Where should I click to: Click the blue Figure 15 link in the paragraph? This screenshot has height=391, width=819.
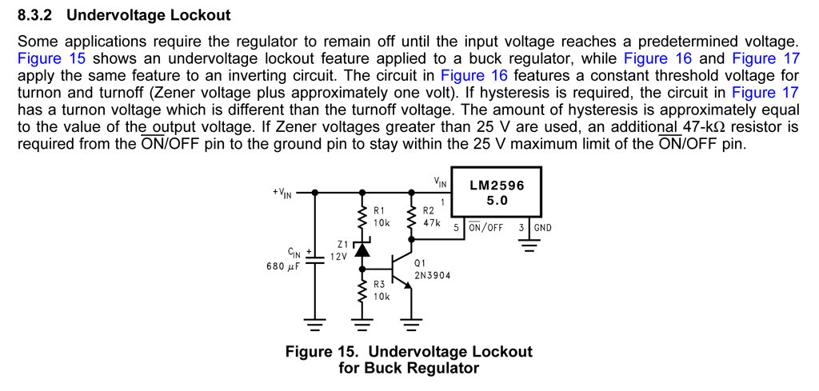51,58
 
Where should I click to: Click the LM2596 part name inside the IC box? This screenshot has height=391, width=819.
497,185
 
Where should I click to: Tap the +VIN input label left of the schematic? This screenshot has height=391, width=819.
282,193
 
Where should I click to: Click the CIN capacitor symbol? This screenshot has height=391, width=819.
314,258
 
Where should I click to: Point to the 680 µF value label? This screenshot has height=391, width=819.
282,266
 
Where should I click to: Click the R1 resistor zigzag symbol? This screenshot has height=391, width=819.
362,217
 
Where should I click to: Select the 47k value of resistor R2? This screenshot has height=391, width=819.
431,223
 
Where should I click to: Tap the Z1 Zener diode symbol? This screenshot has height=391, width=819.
362,249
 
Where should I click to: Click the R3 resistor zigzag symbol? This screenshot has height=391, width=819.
362,291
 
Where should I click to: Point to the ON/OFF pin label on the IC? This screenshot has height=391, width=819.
485,228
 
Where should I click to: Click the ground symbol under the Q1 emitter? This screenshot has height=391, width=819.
411,325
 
